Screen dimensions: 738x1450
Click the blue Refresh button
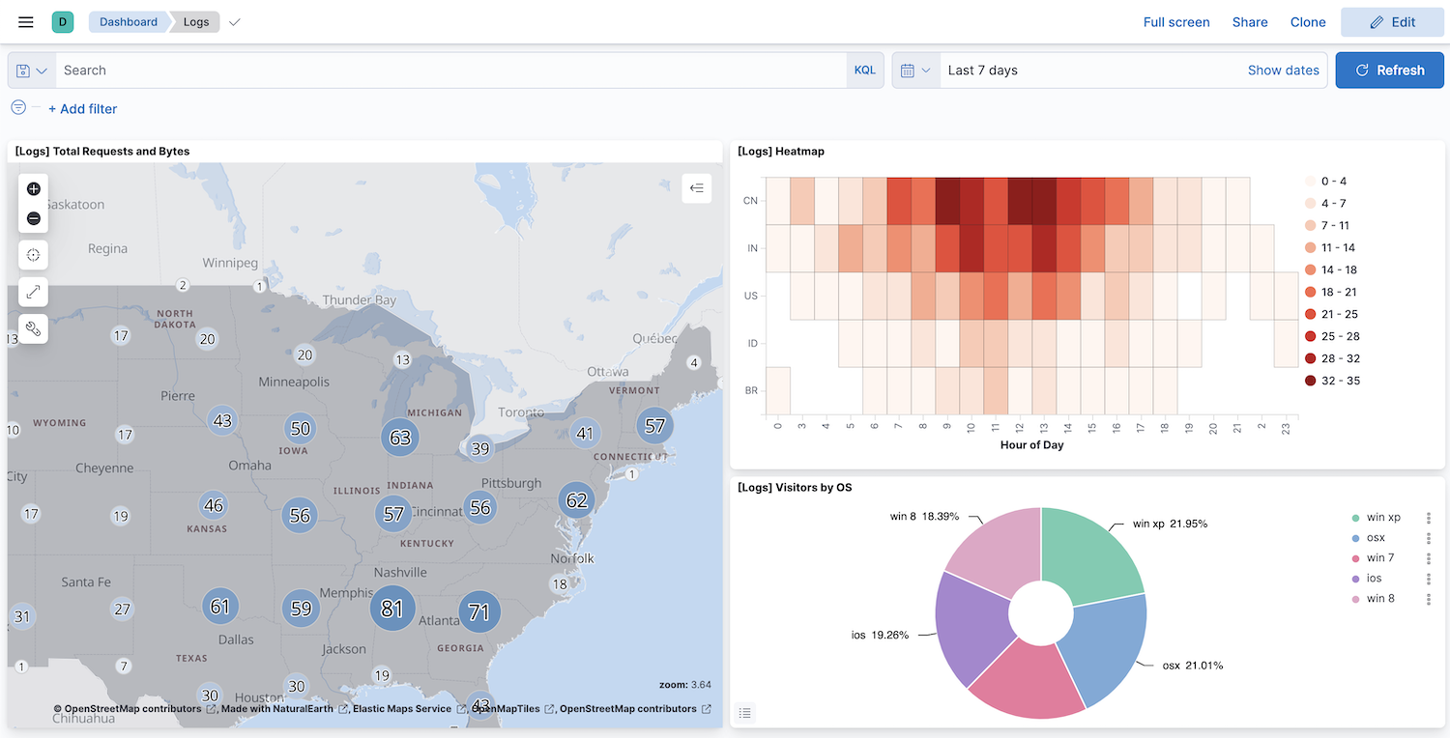(x=1389, y=71)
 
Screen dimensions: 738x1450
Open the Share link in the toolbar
(x=1249, y=22)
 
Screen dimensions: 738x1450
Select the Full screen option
(x=1175, y=22)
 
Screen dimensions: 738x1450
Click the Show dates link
(x=1283, y=71)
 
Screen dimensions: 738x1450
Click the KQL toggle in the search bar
(x=864, y=71)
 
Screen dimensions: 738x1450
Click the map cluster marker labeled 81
(x=391, y=609)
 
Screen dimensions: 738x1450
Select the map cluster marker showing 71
(x=478, y=611)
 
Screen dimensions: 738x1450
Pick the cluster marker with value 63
(x=400, y=438)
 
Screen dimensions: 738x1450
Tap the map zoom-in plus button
(x=34, y=189)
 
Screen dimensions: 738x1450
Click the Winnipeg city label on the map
(x=230, y=263)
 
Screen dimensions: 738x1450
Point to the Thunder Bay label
(x=359, y=300)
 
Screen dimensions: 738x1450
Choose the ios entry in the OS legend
(x=1374, y=579)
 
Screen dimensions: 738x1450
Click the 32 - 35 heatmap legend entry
(x=1340, y=381)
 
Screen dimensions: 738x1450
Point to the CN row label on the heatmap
(x=750, y=201)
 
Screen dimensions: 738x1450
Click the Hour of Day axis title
(x=1032, y=445)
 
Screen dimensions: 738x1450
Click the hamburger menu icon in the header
(x=26, y=22)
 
